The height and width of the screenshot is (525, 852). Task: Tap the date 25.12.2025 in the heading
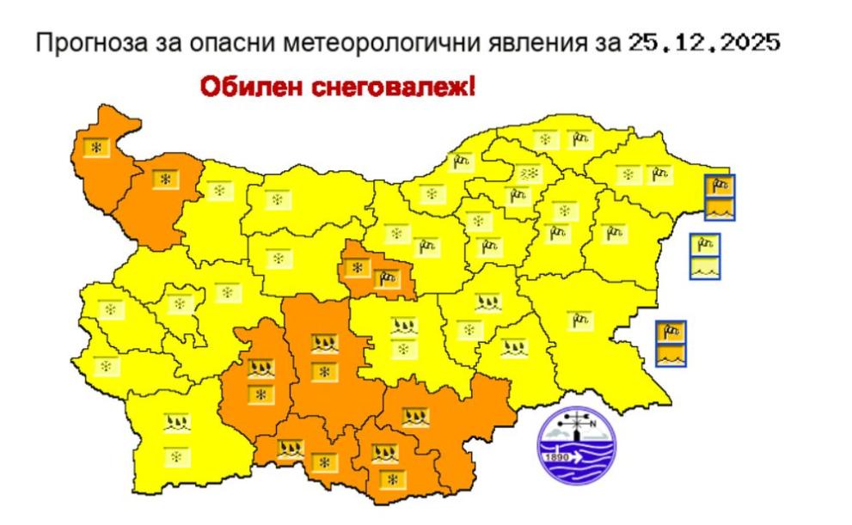(703, 42)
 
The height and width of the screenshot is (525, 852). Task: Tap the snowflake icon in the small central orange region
(357, 268)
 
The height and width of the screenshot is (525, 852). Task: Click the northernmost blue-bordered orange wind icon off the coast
(720, 185)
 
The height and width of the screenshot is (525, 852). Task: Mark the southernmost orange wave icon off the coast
(671, 355)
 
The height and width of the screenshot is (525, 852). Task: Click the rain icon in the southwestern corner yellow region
(177, 423)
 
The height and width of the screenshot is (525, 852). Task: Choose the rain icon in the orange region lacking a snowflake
(416, 418)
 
